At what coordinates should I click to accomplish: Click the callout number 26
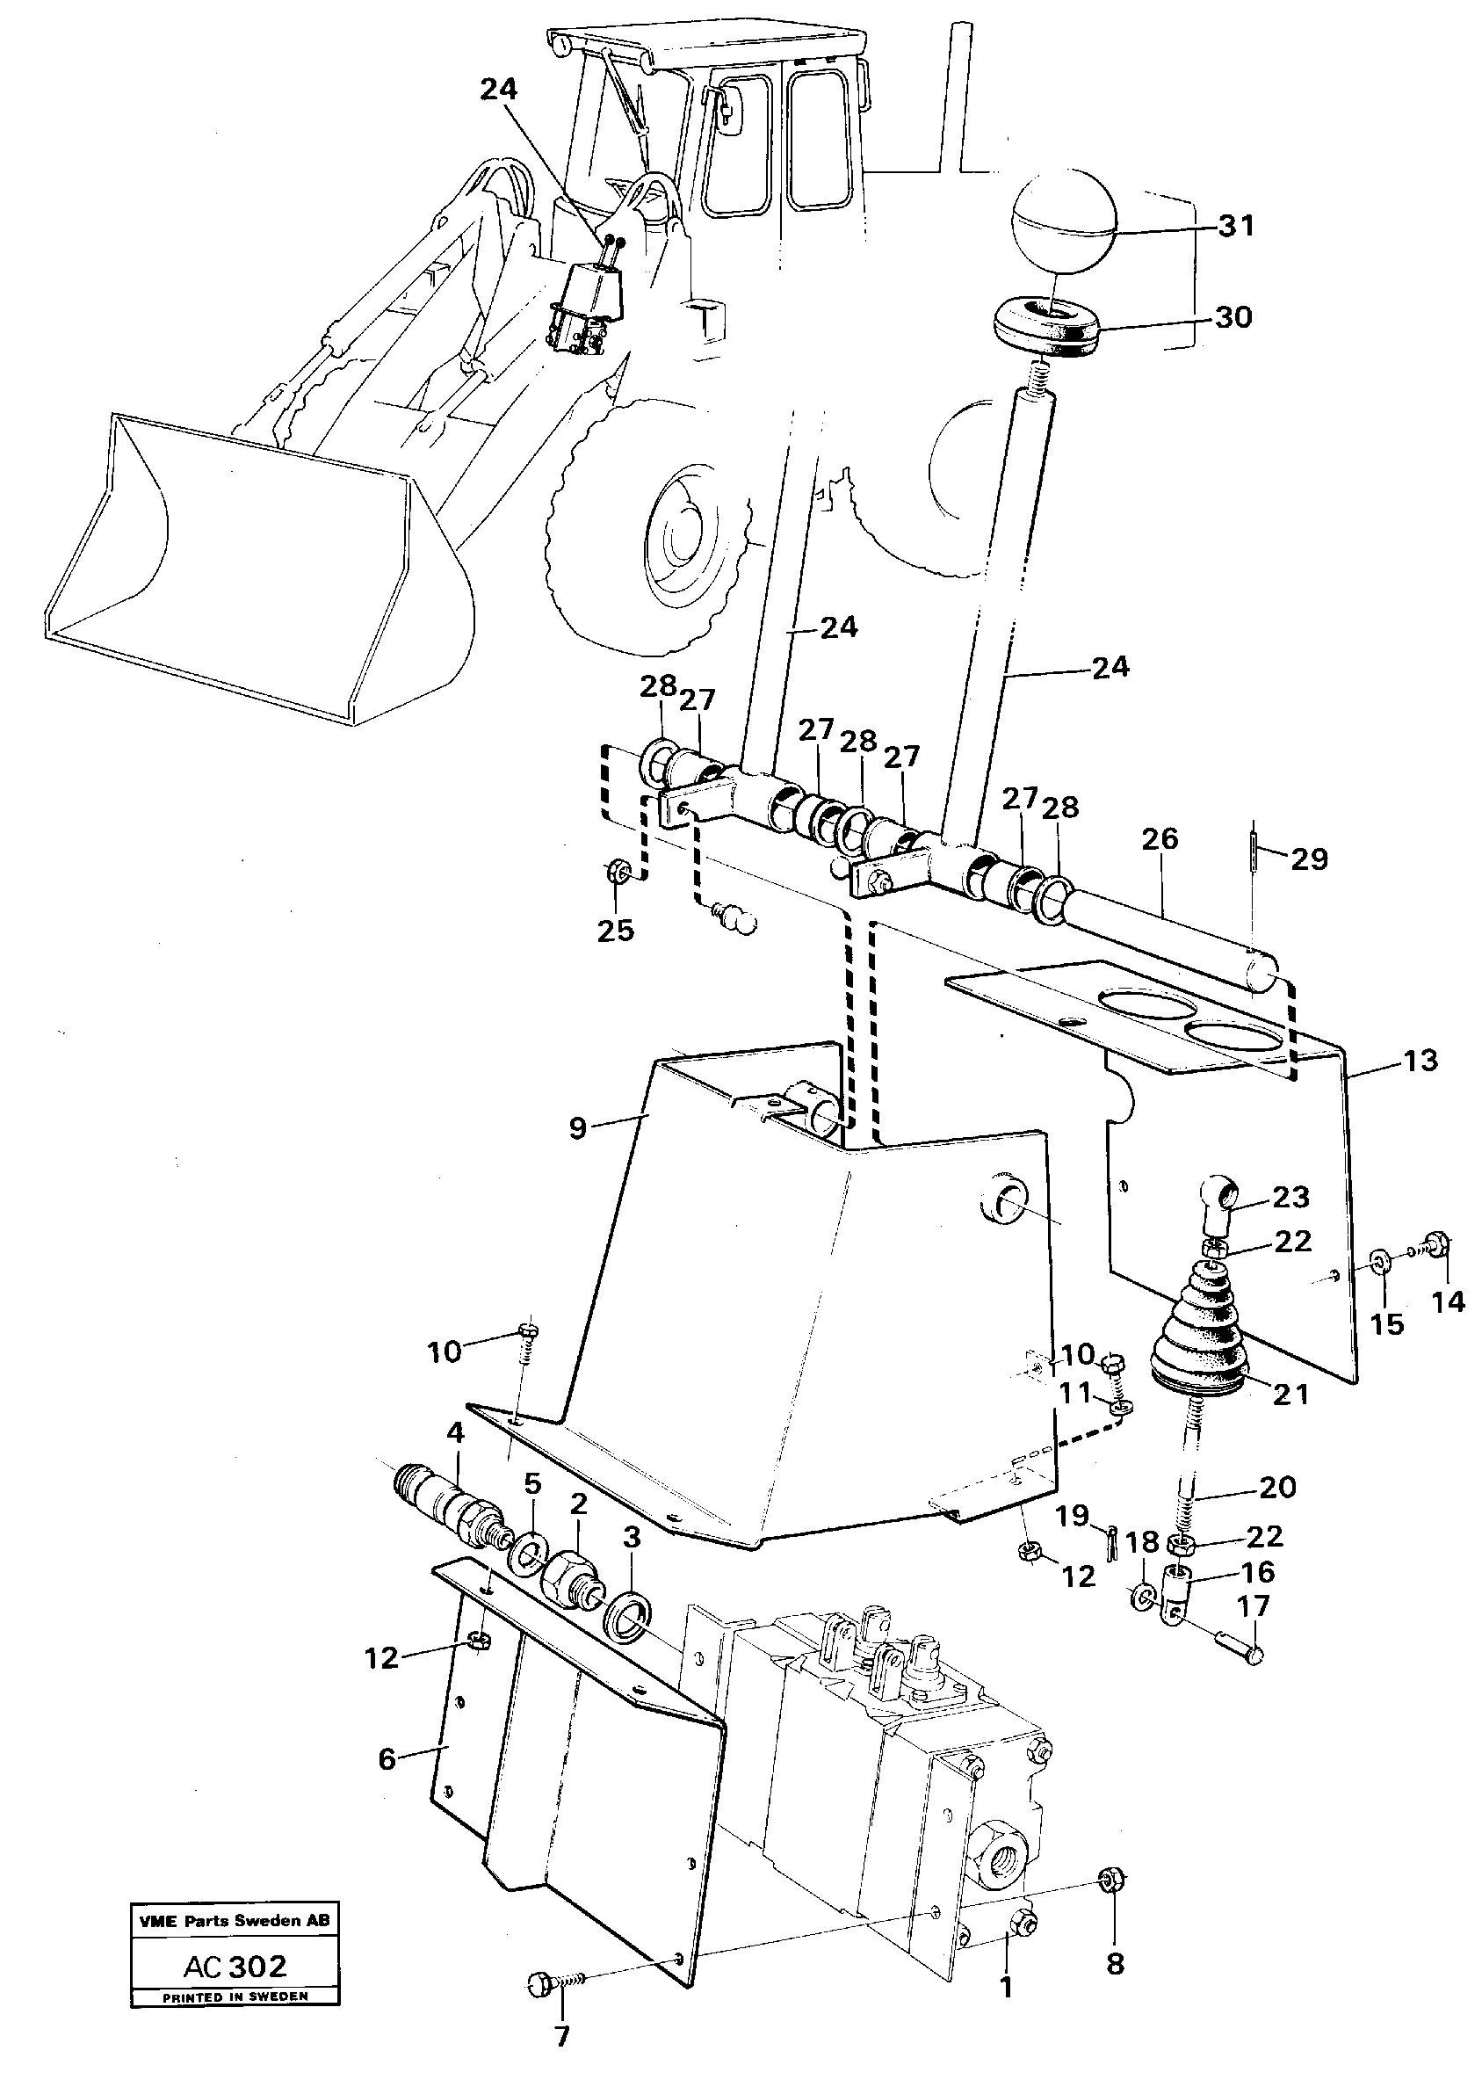pos(1159,838)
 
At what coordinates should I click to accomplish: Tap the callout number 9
pos(577,1128)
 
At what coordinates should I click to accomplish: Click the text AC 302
pos(235,1966)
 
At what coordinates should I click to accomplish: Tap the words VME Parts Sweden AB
pos(234,1920)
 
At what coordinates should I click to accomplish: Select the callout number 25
pos(615,931)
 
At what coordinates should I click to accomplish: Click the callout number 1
pos(1006,1987)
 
